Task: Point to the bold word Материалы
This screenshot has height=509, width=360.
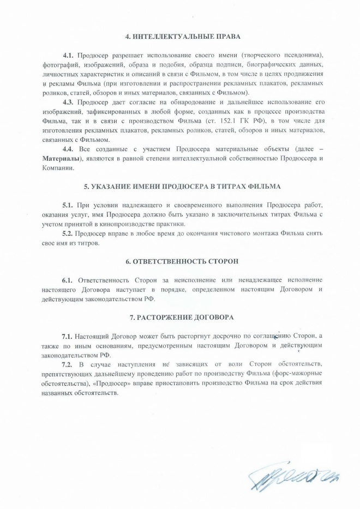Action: [61, 158]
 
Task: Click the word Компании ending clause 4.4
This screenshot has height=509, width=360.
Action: [56, 167]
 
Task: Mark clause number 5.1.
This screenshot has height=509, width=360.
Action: [68, 205]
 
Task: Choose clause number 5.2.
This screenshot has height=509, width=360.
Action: [68, 233]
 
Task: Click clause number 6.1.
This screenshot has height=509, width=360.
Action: [69, 280]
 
